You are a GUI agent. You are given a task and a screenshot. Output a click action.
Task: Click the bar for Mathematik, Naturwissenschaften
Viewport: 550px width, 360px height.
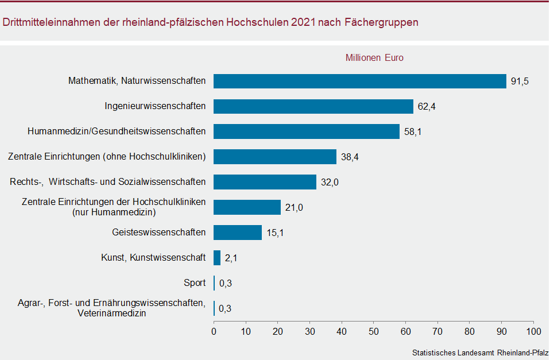pyautogui.click(x=359, y=81)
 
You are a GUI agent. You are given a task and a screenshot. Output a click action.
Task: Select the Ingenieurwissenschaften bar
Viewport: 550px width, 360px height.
pyautogui.click(x=313, y=106)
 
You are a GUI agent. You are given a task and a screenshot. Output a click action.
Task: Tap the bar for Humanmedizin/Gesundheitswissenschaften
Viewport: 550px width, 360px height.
pyautogui.click(x=307, y=131)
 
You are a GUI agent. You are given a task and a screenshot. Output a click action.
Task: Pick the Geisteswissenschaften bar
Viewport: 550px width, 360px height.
pyautogui.click(x=238, y=233)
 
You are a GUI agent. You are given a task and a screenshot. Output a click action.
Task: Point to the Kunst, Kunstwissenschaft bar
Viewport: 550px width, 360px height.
pyautogui.click(x=217, y=258)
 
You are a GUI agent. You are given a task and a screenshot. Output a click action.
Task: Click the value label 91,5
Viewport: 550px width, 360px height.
pyautogui.click(x=520, y=82)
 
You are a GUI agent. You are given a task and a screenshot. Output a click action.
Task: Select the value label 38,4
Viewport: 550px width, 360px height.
pyautogui.click(x=350, y=157)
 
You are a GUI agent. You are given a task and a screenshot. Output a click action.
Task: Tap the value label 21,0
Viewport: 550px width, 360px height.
pyautogui.click(x=294, y=208)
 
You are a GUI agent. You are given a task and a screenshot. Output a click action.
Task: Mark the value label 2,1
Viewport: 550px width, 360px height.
pyautogui.click(x=231, y=258)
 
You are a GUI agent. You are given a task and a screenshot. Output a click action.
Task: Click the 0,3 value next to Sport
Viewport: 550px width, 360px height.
pyautogui.click(x=225, y=284)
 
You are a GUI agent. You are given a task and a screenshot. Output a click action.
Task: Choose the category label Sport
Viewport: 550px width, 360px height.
pyautogui.click(x=194, y=283)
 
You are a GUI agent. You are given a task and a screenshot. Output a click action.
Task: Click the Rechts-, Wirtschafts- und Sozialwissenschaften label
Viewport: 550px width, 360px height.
pyautogui.click(x=107, y=182)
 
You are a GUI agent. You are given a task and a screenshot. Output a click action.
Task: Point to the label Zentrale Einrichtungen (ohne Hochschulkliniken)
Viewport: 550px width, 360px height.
pyautogui.click(x=106, y=157)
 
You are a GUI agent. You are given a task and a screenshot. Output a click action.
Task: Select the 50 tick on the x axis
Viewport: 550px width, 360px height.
pyautogui.click(x=374, y=331)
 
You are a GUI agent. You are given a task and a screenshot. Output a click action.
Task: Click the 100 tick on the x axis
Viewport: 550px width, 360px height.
pyautogui.click(x=533, y=331)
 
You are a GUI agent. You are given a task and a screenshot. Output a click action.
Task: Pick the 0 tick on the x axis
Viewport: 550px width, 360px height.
pyautogui.click(x=214, y=331)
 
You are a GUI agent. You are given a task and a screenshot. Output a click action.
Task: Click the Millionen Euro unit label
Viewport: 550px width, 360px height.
pyautogui.click(x=374, y=58)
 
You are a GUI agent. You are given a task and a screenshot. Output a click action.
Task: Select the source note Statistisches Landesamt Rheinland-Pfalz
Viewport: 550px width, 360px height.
pyautogui.click(x=480, y=353)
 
